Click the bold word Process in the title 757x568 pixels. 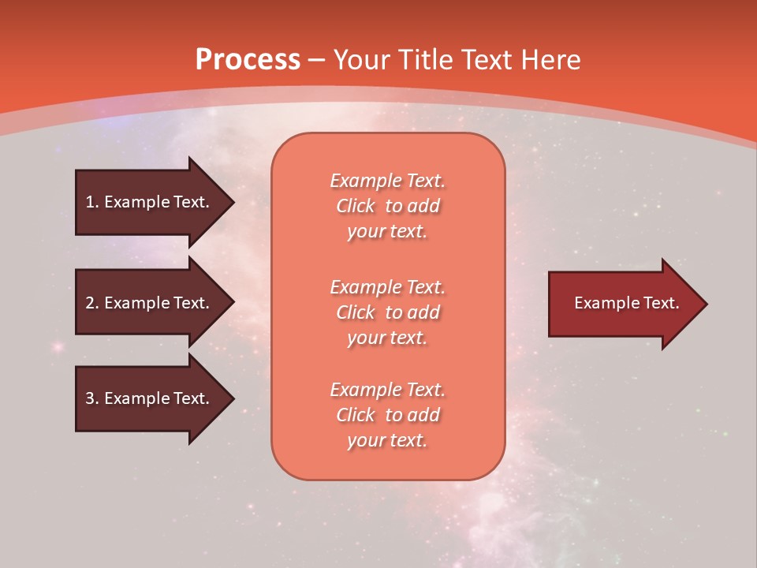point(248,60)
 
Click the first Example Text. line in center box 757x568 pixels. point(387,181)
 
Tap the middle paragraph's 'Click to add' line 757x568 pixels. point(387,312)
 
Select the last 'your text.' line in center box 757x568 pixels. point(387,440)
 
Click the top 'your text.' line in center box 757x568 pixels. point(387,231)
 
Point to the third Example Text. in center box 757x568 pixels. point(387,390)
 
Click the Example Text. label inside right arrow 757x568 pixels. point(627,303)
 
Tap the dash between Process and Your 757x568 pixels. point(317,60)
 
